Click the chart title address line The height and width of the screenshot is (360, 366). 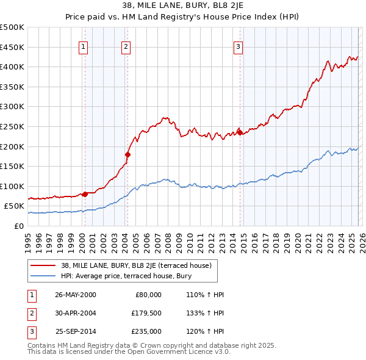(183, 7)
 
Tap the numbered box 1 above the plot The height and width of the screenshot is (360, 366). (84, 46)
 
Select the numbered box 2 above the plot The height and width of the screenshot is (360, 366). (126, 46)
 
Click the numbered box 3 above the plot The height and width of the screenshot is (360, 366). (238, 46)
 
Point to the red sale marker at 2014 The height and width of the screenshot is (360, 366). (240, 132)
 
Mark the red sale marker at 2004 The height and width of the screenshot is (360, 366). (127, 154)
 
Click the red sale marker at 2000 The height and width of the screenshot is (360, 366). (85, 194)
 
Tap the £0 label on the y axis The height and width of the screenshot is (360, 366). (18, 226)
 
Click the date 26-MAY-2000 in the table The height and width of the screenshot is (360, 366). (76, 295)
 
